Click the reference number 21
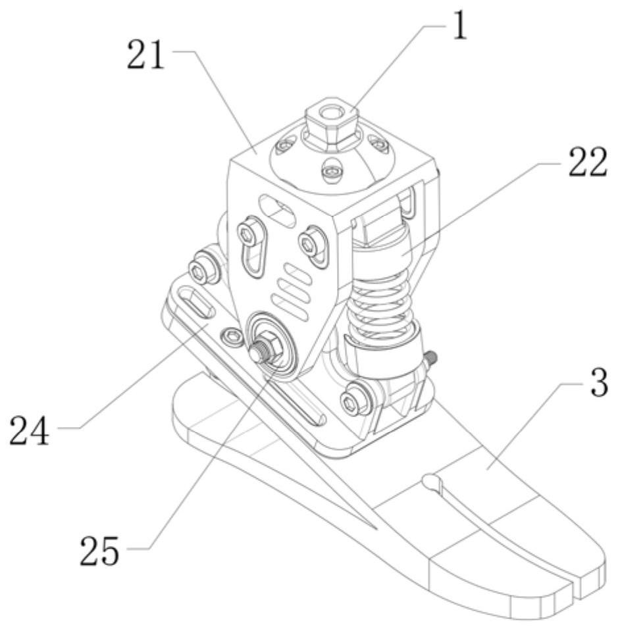[145, 56]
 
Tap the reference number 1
[460, 26]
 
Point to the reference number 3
[600, 383]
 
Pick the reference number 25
[99, 551]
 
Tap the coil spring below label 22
[379, 306]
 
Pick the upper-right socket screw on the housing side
[311, 242]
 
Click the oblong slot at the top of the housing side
[278, 208]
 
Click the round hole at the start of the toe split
[431, 480]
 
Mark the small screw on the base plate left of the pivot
[232, 335]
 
